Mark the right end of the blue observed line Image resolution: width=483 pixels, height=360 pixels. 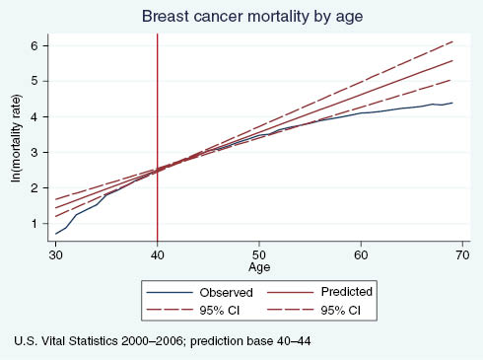coord(451,103)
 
